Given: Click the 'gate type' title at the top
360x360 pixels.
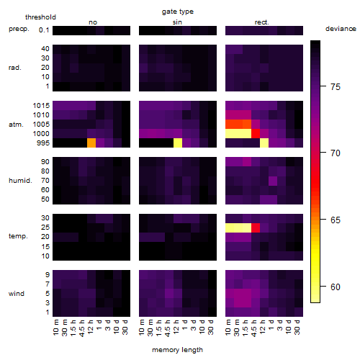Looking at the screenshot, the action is (178, 12).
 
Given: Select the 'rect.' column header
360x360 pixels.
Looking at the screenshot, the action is (262, 22).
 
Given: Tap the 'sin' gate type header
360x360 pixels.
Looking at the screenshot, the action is (177, 22).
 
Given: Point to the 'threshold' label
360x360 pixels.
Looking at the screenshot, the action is (40, 17).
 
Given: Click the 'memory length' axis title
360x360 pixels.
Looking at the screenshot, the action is (177, 350).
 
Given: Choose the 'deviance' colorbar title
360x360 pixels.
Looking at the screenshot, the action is (341, 29).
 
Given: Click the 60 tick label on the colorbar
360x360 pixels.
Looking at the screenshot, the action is (336, 287).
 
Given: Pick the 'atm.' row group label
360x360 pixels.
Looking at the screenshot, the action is (16, 125).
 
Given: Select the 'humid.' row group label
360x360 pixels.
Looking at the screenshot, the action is (20, 181).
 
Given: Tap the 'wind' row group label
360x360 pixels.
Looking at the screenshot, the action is (17, 294).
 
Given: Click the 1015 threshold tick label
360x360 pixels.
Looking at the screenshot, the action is (41, 105).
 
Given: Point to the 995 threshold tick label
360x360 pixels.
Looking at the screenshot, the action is (43, 143).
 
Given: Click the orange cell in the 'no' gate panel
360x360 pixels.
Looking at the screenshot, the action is (91, 143).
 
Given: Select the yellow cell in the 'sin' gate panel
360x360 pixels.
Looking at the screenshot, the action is (178, 143).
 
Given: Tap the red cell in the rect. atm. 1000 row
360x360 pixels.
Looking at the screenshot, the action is (256, 134).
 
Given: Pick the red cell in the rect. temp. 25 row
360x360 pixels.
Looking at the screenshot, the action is (256, 228).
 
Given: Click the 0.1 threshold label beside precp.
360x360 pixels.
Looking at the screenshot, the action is (44, 30).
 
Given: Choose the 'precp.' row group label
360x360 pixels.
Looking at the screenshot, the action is (19, 29).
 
